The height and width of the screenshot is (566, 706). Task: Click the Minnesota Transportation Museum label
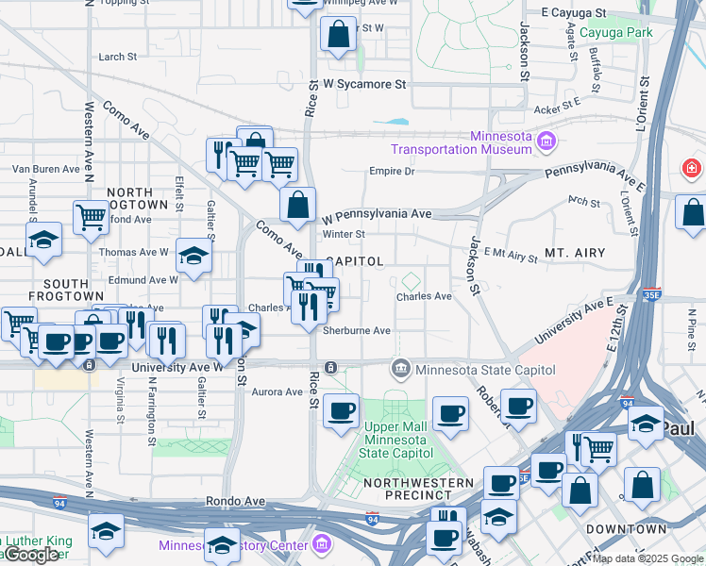pos(462,142)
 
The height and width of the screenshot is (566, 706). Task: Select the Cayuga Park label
pos(615,32)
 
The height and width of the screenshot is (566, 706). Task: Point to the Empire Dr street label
pos(392,172)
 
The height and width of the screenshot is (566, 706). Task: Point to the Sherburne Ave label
pos(357,330)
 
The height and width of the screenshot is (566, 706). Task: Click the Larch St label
pos(118,57)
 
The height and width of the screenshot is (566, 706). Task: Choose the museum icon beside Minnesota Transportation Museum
pos(546,142)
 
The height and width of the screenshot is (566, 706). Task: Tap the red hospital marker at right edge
pos(692,169)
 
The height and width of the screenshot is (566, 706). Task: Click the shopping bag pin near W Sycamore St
pos(338,35)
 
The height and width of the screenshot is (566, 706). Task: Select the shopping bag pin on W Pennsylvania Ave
pos(297,204)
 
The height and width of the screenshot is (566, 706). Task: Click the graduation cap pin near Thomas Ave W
pos(193,255)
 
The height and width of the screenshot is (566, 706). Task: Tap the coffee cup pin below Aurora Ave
pos(341,410)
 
